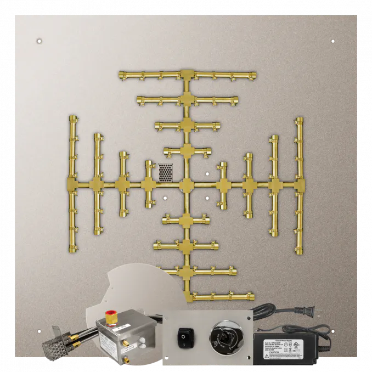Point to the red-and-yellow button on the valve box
pyautogui.click(x=112, y=316)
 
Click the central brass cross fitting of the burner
pyautogui.click(x=187, y=185)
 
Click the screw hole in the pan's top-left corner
pyautogui.click(x=39, y=41)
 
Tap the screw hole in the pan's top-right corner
pyautogui.click(x=333, y=41)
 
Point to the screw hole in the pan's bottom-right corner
pyautogui.click(x=333, y=331)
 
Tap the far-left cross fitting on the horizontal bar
pyautogui.click(x=72, y=184)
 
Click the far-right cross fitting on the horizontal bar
pyautogui.click(x=300, y=184)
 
